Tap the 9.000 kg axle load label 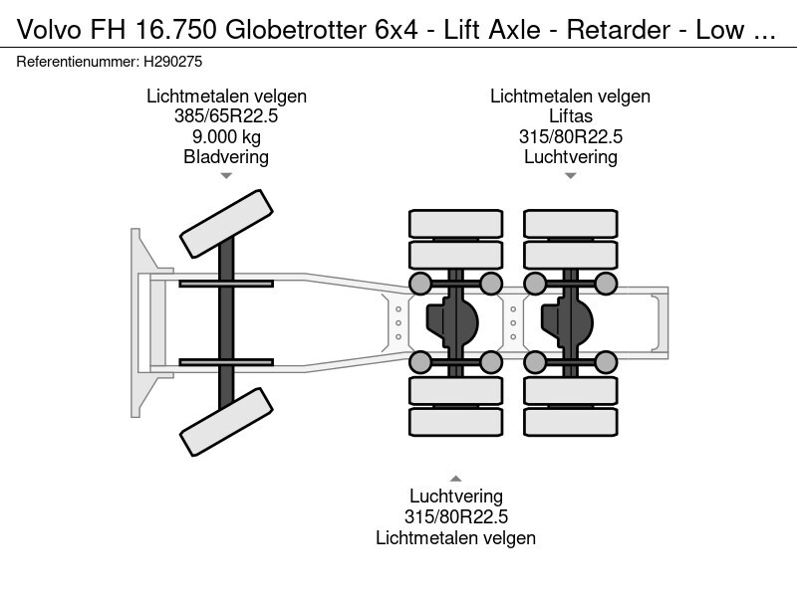pyautogui.click(x=226, y=136)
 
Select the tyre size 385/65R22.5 pyautogui.click(x=226, y=116)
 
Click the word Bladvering pyautogui.click(x=226, y=156)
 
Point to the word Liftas pyautogui.click(x=570, y=116)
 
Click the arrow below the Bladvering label pyautogui.click(x=226, y=176)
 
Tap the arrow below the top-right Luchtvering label pyautogui.click(x=570, y=176)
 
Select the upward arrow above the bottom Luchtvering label pyautogui.click(x=456, y=478)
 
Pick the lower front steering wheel pyautogui.click(x=226, y=417)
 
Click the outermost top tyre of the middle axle pyautogui.click(x=455, y=224)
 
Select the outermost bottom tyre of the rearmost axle pyautogui.click(x=570, y=422)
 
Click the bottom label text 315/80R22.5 pyautogui.click(x=456, y=516)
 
